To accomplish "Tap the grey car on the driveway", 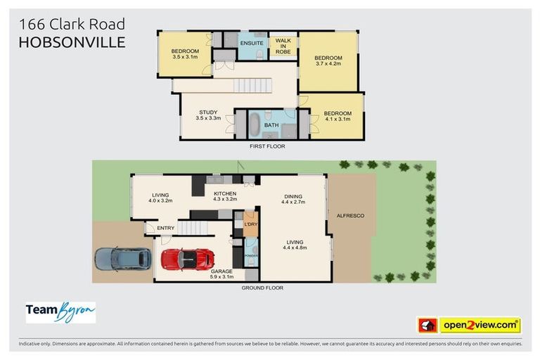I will pos(123,258).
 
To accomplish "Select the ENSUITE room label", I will pos(251,44).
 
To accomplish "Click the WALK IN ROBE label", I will pos(283,46).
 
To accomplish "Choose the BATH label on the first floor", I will pos(271,125).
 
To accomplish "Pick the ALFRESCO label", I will pos(350,215).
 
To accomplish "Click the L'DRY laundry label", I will pos(250,224).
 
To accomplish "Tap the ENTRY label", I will pos(166,228).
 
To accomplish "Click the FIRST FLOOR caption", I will pos(268,146).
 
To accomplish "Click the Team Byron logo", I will pos(60,311).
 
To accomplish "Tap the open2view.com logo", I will pos(480,325).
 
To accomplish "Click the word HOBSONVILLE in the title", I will pos(72,42).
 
